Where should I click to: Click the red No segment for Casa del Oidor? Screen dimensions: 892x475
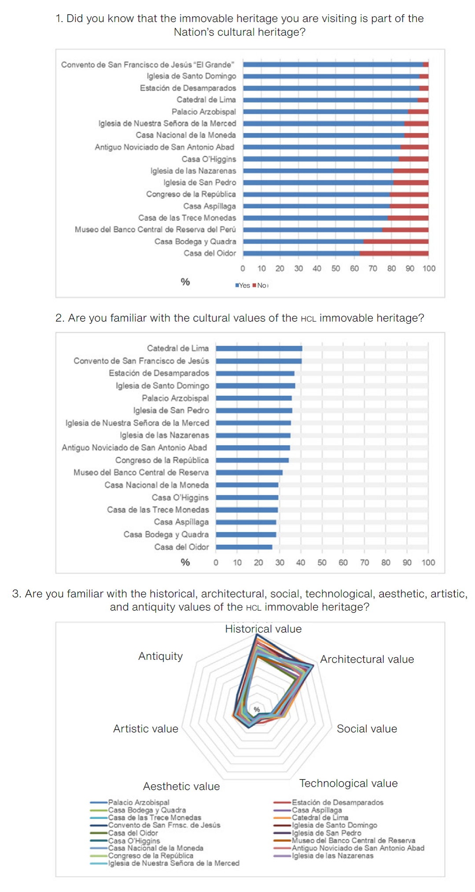394,253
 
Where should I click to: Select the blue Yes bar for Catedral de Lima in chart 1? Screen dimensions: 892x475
330,100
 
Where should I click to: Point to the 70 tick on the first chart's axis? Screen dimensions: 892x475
373,268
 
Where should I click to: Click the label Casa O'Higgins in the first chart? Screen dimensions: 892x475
209,159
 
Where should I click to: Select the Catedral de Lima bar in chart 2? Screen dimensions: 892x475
259,348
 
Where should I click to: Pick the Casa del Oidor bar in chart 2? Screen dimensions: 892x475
244,547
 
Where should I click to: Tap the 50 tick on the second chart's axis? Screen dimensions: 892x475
322,563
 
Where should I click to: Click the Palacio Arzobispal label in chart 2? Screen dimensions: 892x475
175,398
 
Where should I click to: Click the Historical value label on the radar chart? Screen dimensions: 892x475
263,629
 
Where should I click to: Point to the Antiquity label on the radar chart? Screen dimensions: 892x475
160,656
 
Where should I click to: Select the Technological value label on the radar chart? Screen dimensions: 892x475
348,783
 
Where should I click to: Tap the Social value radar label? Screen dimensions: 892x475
367,729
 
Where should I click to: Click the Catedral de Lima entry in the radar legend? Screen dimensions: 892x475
320,818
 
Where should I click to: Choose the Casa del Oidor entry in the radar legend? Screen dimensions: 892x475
133,833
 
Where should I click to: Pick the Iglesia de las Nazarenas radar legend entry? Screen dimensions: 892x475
332,856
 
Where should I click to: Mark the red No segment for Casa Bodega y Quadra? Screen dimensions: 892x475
396,241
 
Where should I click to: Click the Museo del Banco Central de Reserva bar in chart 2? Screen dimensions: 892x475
249,472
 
